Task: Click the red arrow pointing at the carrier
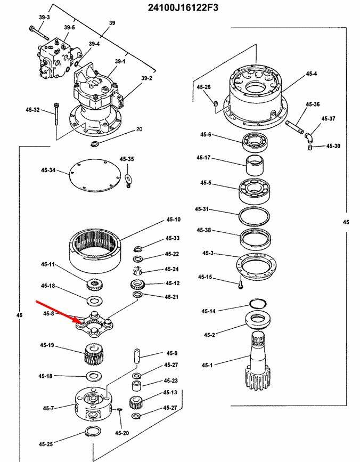click(x=59, y=312)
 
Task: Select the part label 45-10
click(x=174, y=220)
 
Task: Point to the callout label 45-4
click(x=312, y=74)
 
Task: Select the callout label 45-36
click(x=313, y=104)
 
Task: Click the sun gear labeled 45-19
click(x=93, y=353)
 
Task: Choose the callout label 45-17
click(x=203, y=158)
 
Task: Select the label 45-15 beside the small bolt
click(x=205, y=277)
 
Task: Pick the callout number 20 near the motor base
click(x=139, y=129)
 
